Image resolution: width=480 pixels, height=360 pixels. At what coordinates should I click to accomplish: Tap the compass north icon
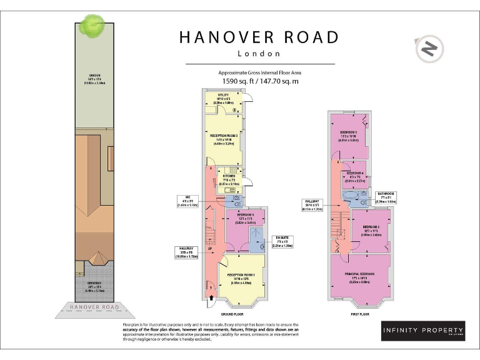point(428,48)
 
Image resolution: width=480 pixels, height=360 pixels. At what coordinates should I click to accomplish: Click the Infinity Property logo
point(423,331)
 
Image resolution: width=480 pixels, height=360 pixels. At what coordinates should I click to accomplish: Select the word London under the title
point(259,54)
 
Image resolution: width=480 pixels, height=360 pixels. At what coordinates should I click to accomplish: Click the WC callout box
point(187,201)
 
